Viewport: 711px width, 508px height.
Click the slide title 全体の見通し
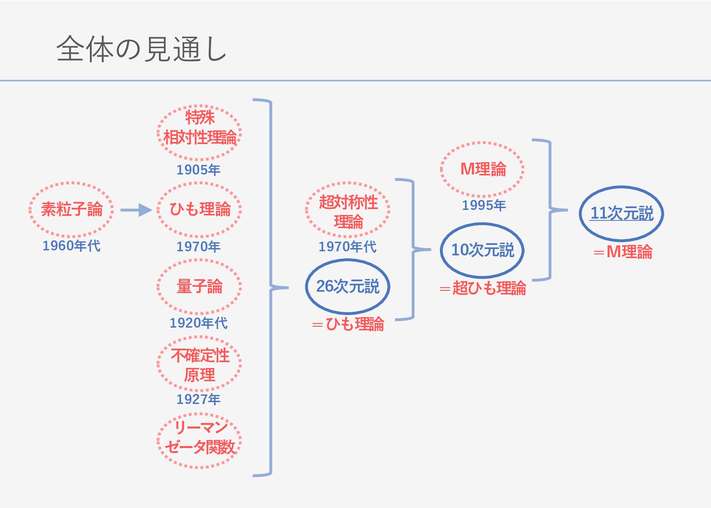141,49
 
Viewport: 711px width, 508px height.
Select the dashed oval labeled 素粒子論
71,209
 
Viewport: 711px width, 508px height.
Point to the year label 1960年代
71,246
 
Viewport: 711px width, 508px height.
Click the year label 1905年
198,170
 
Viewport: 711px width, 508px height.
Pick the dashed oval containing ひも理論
199,209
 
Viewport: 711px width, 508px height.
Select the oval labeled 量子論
199,286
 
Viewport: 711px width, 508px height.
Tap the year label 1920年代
198,323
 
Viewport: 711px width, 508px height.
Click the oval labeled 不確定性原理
199,364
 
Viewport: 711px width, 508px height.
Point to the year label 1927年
198,399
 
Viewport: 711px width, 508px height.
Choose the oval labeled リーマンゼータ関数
199,438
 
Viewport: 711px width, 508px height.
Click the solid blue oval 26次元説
348,286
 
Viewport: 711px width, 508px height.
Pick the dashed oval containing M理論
482,169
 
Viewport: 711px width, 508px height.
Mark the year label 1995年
484,205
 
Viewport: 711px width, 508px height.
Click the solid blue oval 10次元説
482,250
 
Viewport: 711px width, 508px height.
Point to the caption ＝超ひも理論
483,289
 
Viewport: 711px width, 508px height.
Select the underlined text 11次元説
622,213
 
